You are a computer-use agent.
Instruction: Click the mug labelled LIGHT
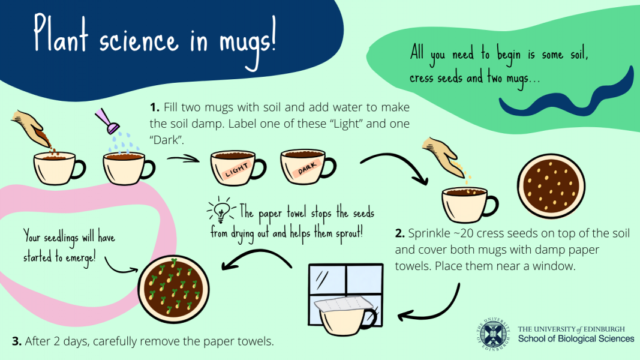pyautogui.click(x=238, y=167)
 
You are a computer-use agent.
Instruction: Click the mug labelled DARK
pyautogui.click(x=307, y=166)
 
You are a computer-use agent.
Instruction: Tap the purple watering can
pyautogui.click(x=107, y=121)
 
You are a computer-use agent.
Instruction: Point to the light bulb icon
pyautogui.click(x=221, y=209)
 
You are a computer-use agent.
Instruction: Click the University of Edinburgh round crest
pyautogui.click(x=493, y=334)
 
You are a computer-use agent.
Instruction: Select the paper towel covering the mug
pyautogui.click(x=344, y=305)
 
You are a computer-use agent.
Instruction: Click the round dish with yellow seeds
pyautogui.click(x=551, y=186)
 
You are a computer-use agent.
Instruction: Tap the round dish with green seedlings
pyautogui.click(x=173, y=289)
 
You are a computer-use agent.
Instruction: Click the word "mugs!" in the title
pyautogui.click(x=247, y=43)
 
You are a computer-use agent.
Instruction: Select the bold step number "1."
pyautogui.click(x=154, y=107)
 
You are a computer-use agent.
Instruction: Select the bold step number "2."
pyautogui.click(x=400, y=233)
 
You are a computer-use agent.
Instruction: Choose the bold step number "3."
pyautogui.click(x=17, y=341)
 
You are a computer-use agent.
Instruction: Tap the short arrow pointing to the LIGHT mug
pyautogui.click(x=184, y=159)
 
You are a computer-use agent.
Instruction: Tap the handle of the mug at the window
pyautogui.click(x=370, y=319)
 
